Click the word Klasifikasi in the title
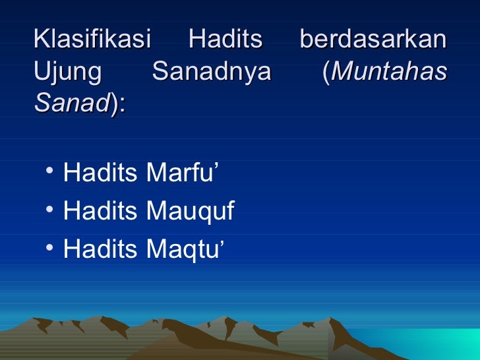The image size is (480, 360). coord(92,40)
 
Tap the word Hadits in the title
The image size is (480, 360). coord(225,40)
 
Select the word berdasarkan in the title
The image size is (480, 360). coord(373,40)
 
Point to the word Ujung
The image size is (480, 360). coord(67,72)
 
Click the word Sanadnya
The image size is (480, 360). coord(211,72)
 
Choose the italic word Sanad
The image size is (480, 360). coord(71,103)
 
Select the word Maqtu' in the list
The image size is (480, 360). coord(185,249)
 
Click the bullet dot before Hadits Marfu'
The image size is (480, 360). coord(50,174)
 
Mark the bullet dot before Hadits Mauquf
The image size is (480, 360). coord(50,212)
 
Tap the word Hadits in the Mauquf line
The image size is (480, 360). coord(100,212)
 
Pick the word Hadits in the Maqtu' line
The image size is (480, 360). coord(100,249)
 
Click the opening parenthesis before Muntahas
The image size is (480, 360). coord(325,72)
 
